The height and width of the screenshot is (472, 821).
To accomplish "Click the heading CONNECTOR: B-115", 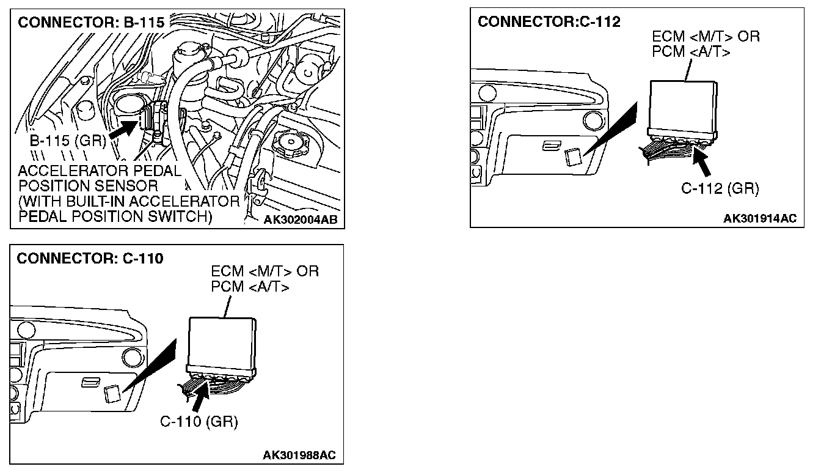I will [x=92, y=23].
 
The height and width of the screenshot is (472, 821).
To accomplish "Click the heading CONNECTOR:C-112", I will [x=549, y=22].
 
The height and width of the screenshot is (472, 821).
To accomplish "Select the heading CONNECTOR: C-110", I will [x=90, y=259].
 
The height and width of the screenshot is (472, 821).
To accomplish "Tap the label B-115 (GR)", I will [x=68, y=142].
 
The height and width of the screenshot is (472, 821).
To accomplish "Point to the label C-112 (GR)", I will [x=720, y=189].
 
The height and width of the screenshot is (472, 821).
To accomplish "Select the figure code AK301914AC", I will [x=759, y=219].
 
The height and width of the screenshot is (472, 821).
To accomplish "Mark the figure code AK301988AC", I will [x=299, y=455].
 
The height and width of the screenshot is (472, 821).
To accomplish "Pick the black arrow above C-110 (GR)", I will [x=200, y=398].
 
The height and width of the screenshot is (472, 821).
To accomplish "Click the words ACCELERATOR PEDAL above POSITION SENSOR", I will [x=100, y=172].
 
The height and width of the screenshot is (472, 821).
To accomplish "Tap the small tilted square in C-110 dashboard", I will [x=112, y=393].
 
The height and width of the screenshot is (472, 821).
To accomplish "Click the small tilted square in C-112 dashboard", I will [x=572, y=157].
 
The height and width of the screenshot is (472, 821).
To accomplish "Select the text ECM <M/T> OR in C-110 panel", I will [x=265, y=271].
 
